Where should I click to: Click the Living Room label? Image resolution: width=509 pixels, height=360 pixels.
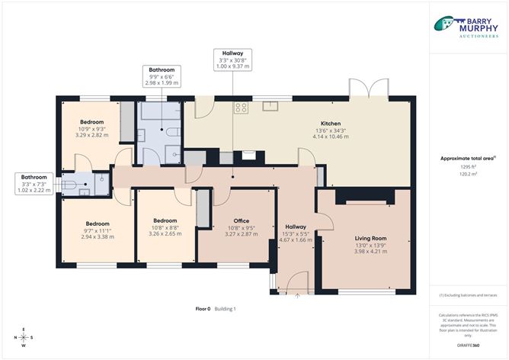367,238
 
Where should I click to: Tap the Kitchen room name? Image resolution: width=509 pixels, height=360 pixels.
330,124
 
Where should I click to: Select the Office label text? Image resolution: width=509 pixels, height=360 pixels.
242,221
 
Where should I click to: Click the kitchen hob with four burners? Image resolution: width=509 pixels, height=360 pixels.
242,108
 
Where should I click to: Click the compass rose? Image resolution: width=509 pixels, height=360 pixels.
24,336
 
